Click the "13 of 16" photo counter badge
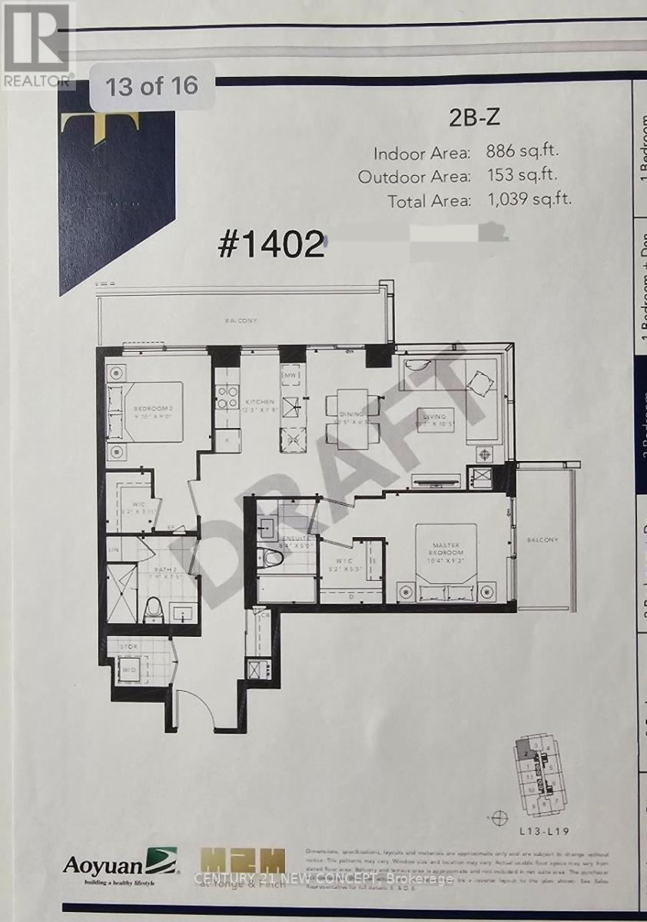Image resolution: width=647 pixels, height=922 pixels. click(x=151, y=85)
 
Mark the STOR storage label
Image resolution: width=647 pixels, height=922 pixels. click(x=127, y=648)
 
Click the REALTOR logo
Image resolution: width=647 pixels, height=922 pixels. click(x=37, y=42)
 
